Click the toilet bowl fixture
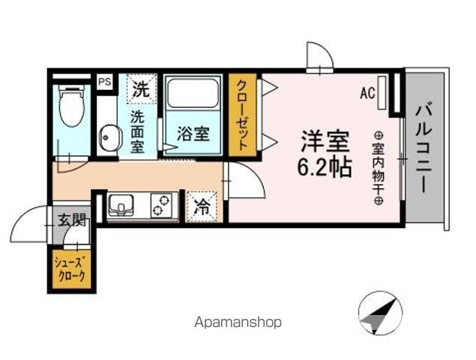click(x=72, y=106)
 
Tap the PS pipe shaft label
click(x=105, y=82)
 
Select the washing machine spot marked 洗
click(x=141, y=88)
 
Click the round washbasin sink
click(x=109, y=137)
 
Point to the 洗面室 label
click(x=137, y=132)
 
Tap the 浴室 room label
click(x=193, y=134)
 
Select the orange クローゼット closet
click(x=242, y=115)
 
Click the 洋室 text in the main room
click(x=325, y=141)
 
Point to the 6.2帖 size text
click(x=325, y=167)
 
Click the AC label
click(x=367, y=93)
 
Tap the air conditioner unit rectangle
click(x=382, y=93)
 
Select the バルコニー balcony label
click(x=424, y=148)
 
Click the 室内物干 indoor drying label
click(x=379, y=168)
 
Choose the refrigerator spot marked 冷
click(x=202, y=207)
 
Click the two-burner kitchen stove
click(x=161, y=205)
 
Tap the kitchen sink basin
click(x=121, y=205)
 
